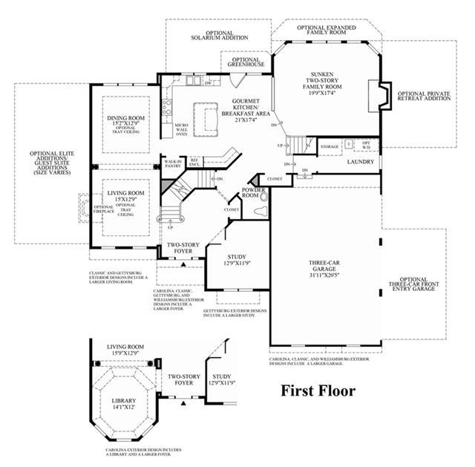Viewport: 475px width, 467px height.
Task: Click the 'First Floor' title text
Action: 317,391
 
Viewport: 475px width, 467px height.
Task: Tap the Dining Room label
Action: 126,118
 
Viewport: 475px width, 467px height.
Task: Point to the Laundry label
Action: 360,161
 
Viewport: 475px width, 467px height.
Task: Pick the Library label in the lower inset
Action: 124,401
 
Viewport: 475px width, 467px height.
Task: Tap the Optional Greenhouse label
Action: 246,63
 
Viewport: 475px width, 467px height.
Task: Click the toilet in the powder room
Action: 259,212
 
